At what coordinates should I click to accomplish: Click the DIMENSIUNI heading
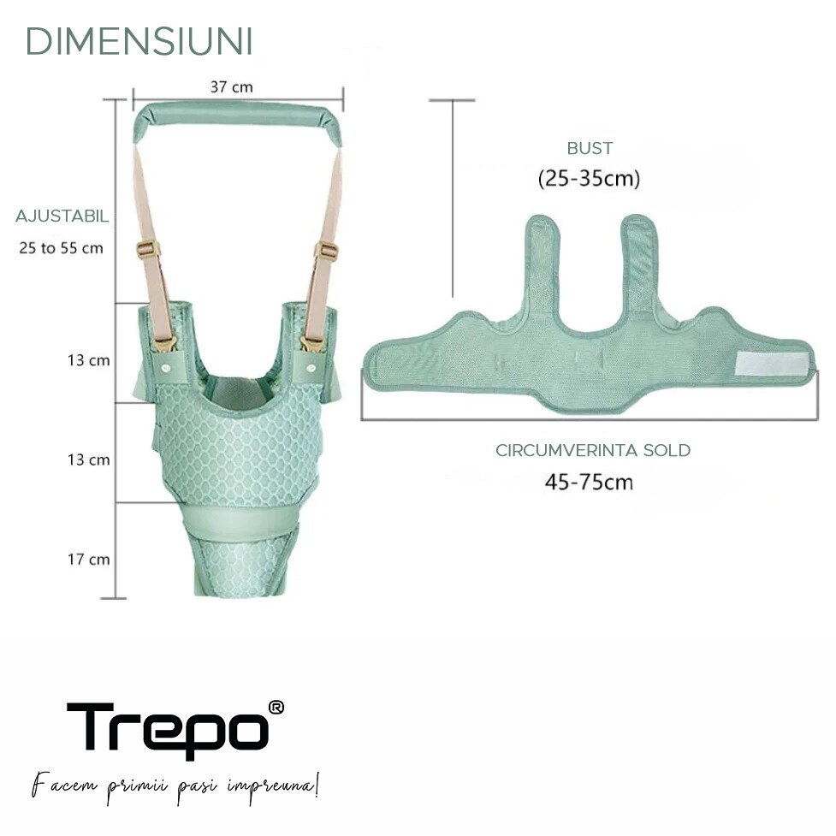click(139, 42)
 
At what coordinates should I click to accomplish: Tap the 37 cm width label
click(231, 87)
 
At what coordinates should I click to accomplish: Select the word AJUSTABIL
click(62, 216)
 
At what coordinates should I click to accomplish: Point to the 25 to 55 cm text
click(61, 248)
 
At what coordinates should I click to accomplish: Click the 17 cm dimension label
click(88, 560)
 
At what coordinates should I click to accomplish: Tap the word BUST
click(590, 148)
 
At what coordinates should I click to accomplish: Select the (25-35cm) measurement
click(589, 178)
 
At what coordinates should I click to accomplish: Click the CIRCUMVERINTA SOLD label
click(593, 451)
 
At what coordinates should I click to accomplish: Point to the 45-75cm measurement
click(589, 482)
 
